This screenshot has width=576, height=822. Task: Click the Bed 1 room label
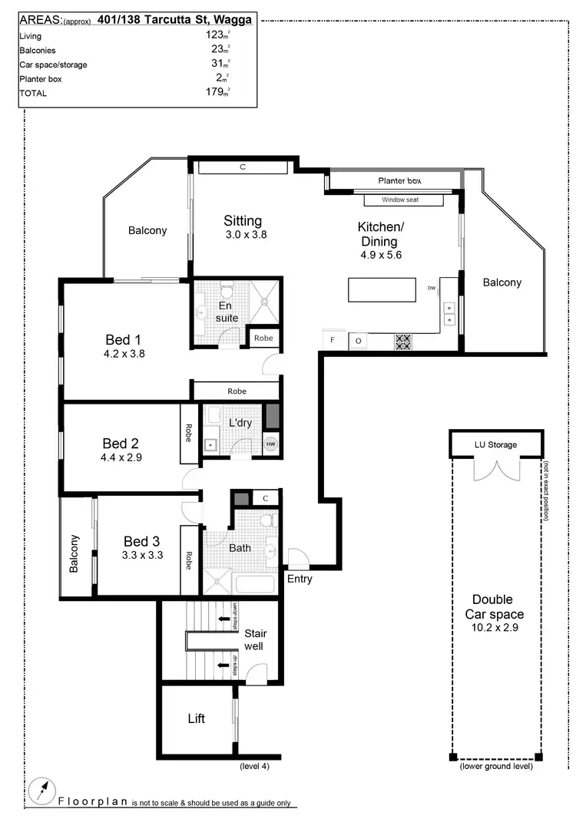[123, 339]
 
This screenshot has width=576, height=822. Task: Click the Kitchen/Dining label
[379, 234]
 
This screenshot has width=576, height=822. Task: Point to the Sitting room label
[243, 221]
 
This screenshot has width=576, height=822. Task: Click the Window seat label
[403, 200]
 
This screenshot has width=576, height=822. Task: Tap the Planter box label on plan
[399, 181]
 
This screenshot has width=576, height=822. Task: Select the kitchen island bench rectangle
[380, 289]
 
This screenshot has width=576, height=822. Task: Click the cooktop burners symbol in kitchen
[403, 342]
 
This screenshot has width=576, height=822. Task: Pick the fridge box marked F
[333, 340]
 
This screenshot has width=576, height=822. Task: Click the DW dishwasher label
[432, 289]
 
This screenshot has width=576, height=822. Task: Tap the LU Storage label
[495, 444]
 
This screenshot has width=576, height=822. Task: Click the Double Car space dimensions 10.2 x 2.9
[498, 627]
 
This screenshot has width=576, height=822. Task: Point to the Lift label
[197, 719]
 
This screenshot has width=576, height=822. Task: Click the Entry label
[300, 579]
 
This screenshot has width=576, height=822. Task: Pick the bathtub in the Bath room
[256, 584]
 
